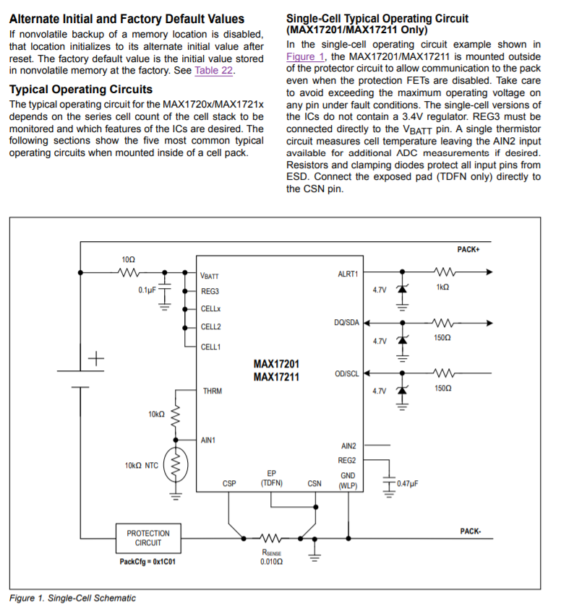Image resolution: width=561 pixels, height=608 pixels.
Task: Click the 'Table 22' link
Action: pyautogui.click(x=213, y=71)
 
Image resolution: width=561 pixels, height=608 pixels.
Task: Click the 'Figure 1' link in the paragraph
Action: pyautogui.click(x=300, y=56)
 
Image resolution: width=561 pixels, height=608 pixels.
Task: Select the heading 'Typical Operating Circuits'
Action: pyautogui.click(x=80, y=90)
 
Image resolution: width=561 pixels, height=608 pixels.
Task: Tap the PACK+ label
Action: pyautogui.click(x=469, y=249)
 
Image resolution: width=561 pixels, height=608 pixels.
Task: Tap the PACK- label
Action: pyautogui.click(x=470, y=531)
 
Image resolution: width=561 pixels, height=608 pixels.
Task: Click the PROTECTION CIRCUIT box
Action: pyautogui.click(x=147, y=538)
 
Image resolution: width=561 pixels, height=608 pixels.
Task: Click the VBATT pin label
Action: pyautogui.click(x=210, y=275)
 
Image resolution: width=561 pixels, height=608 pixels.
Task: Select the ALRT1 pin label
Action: pyautogui.click(x=348, y=274)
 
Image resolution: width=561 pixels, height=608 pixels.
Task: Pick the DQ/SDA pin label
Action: pyautogui.click(x=346, y=322)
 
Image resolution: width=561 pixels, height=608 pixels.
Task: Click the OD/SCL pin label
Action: pyautogui.click(x=346, y=373)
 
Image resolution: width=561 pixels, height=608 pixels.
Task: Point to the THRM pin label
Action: pyautogui.click(x=213, y=391)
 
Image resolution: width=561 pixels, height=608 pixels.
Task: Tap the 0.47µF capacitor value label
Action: pyautogui.click(x=409, y=482)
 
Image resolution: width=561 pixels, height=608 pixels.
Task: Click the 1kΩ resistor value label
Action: pyautogui.click(x=442, y=287)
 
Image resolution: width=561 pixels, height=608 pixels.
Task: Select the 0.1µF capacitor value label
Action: pyautogui.click(x=147, y=290)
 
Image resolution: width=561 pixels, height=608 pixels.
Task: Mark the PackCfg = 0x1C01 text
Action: pyautogui.click(x=147, y=561)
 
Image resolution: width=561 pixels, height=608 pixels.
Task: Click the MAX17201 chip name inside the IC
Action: pyautogui.click(x=276, y=364)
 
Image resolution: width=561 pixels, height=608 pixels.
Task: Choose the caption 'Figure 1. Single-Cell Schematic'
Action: pyautogui.click(x=72, y=598)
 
